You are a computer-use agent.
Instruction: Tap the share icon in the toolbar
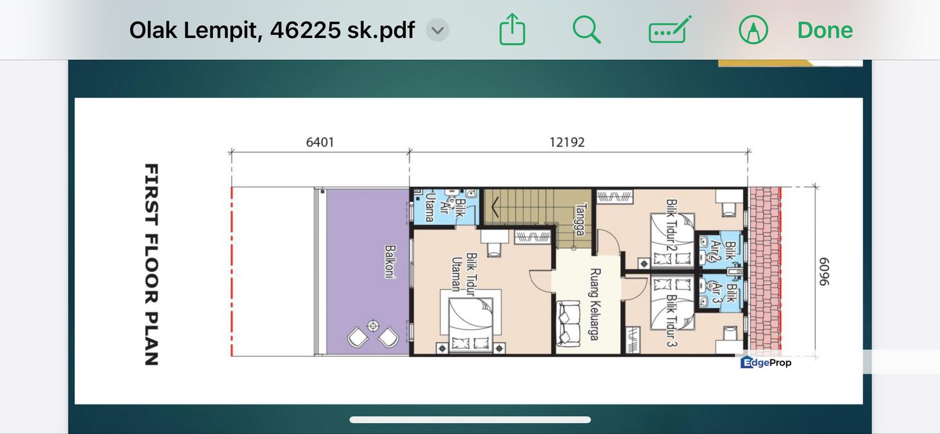[x=512, y=29]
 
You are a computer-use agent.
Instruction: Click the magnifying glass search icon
[x=586, y=30]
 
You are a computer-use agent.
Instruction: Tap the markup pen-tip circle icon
[x=753, y=30]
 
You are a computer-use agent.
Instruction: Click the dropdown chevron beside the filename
[x=437, y=30]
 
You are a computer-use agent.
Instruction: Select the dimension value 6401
[x=320, y=142]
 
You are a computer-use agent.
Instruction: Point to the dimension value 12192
[x=567, y=142]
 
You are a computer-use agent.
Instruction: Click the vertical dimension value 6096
[x=824, y=271]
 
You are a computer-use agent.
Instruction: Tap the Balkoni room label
[x=390, y=262]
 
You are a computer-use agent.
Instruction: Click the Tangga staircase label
[x=581, y=220]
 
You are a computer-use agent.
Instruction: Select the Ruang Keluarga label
[x=595, y=304]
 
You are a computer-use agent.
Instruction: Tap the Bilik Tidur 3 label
[x=672, y=321]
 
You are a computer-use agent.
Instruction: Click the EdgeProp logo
[x=766, y=362]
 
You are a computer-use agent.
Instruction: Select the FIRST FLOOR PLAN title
[x=151, y=265]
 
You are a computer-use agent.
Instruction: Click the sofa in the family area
[x=568, y=323]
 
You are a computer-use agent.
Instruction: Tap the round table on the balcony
[x=373, y=325]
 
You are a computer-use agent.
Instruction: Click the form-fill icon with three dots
[x=670, y=30]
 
